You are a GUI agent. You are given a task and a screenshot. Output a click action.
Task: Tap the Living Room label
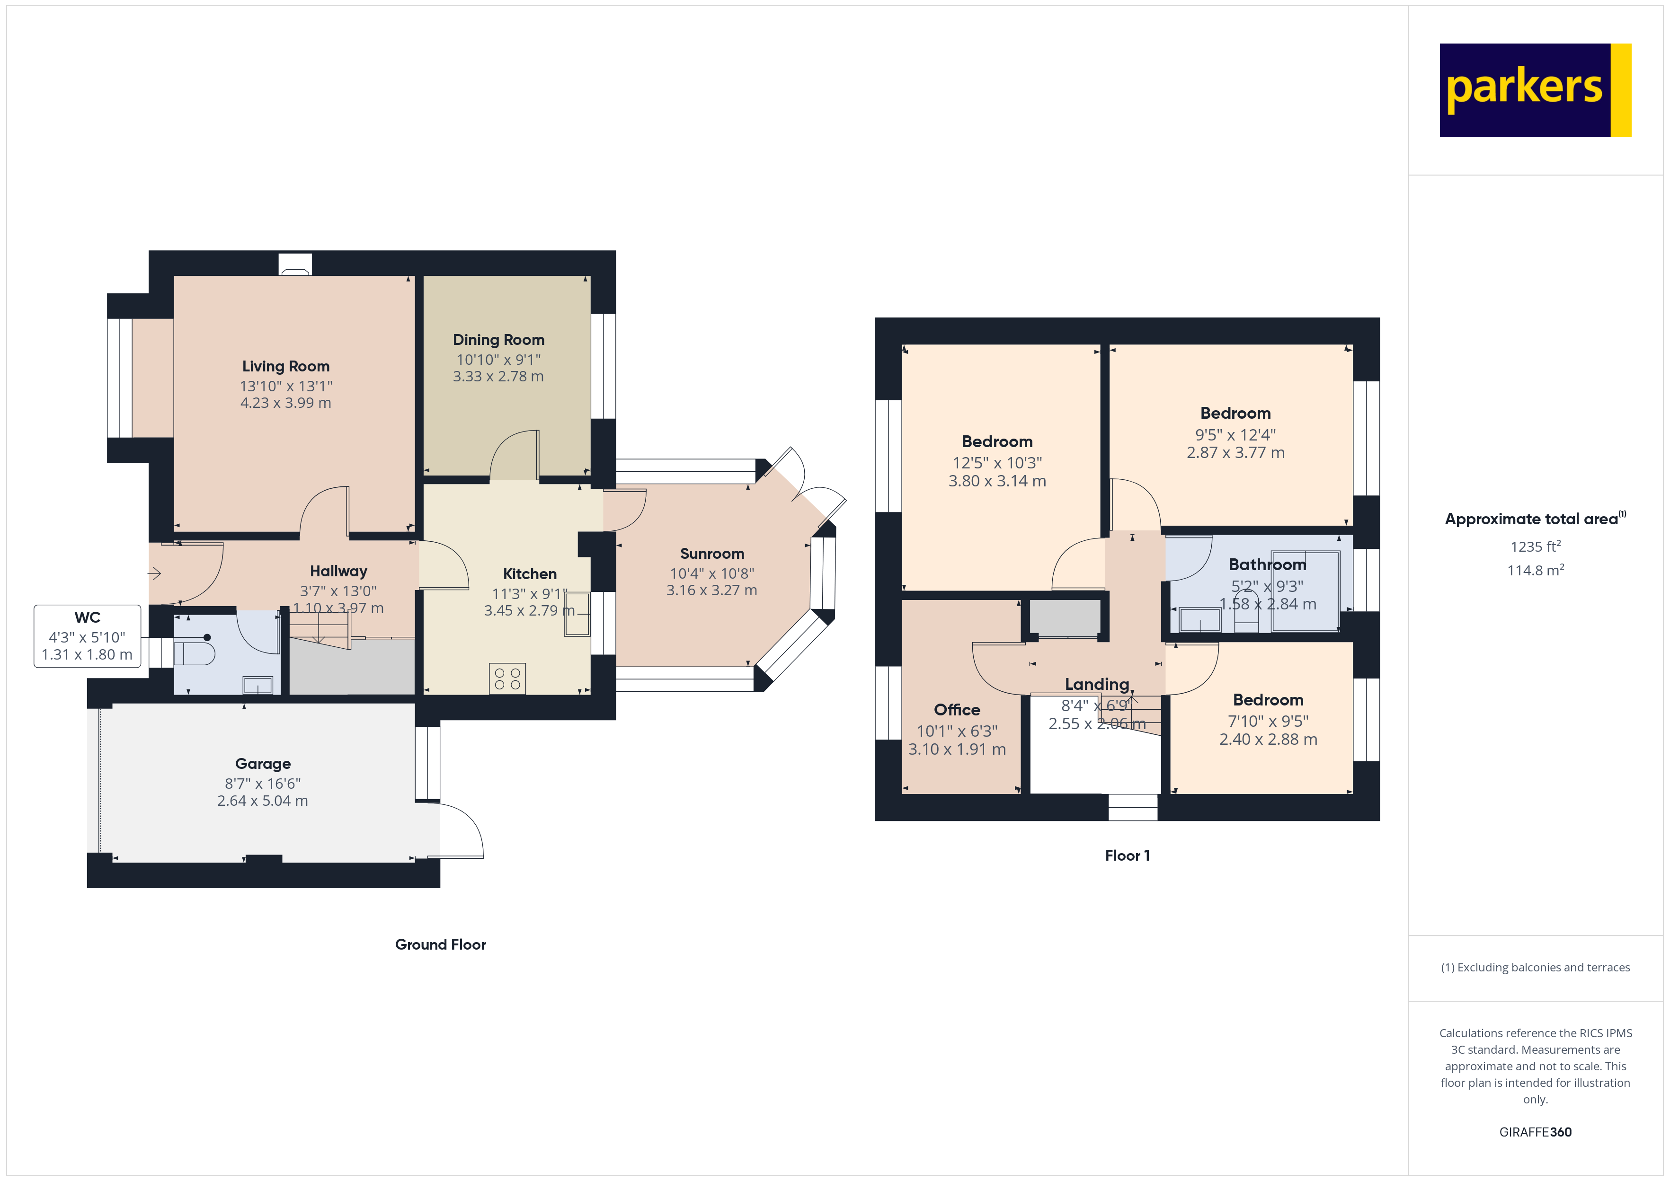(x=286, y=367)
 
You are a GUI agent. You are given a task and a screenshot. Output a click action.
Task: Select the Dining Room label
(x=498, y=340)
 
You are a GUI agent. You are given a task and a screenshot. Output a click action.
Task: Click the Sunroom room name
(x=712, y=554)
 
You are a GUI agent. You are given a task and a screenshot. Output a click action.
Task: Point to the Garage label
(x=263, y=764)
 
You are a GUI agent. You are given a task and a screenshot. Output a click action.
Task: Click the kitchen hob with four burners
(x=507, y=679)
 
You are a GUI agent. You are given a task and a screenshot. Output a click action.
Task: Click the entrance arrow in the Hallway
(x=154, y=574)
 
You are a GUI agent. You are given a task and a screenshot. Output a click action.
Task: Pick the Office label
(x=957, y=710)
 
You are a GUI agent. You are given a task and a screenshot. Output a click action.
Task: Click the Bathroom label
(x=1267, y=564)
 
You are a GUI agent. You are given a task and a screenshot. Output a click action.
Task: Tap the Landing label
(x=1097, y=684)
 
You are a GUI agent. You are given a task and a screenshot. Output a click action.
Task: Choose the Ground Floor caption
(x=441, y=944)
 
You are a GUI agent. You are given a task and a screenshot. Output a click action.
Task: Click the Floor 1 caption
(x=1128, y=856)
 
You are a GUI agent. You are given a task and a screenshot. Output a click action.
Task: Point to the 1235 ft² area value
(x=1536, y=546)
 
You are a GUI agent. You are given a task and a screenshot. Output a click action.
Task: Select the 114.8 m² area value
(x=1536, y=570)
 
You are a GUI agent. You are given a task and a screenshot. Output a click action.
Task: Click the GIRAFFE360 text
(x=1536, y=1132)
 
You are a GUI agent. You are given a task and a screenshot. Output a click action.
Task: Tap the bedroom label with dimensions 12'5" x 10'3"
(x=997, y=441)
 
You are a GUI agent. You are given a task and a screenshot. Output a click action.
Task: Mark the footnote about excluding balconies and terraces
(x=1536, y=967)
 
